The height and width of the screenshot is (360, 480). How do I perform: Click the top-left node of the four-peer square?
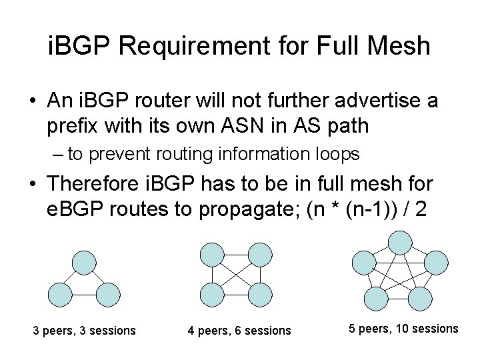tap(213, 253)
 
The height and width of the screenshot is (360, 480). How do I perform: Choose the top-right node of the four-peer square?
tap(261, 253)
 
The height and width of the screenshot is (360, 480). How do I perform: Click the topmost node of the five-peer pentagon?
tap(400, 241)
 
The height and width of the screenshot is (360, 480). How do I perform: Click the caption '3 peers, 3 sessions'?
tap(85, 331)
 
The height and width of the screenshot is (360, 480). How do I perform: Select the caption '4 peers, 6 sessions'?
tap(240, 331)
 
